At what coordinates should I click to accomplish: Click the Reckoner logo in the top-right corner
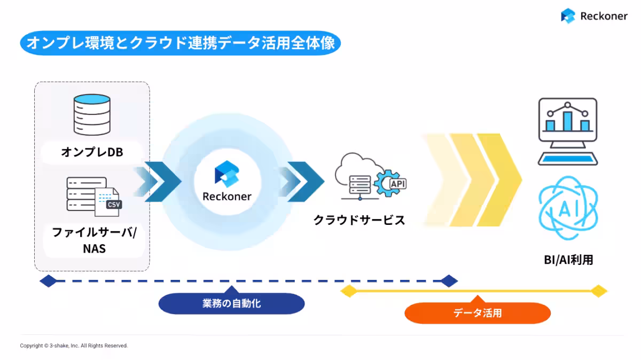[x=594, y=16]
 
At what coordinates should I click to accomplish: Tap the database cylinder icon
[x=92, y=114]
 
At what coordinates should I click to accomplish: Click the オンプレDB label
[x=92, y=152]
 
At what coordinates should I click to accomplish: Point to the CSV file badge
[x=113, y=205]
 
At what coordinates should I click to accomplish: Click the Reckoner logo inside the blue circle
[x=226, y=182]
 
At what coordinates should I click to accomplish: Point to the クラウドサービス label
[x=359, y=220]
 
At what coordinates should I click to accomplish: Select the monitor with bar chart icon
[x=567, y=130]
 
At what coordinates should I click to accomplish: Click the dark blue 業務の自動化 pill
[x=231, y=304]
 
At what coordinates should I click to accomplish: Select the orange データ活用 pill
[x=478, y=313]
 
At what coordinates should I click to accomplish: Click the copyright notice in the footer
[x=74, y=346]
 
